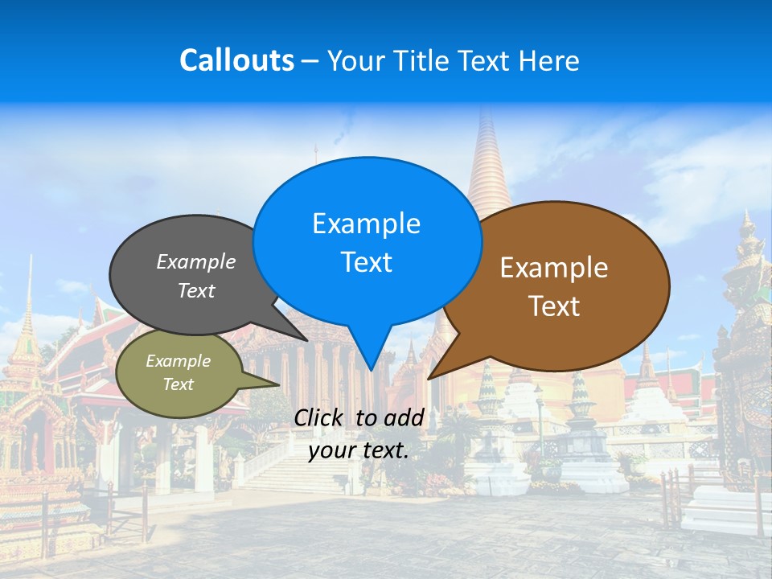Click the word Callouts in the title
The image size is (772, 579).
pyautogui.click(x=237, y=60)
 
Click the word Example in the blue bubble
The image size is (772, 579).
pyautogui.click(x=367, y=224)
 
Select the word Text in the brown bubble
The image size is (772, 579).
pyautogui.click(x=554, y=306)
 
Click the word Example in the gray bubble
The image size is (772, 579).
pyautogui.click(x=196, y=262)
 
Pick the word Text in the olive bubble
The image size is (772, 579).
pyautogui.click(x=179, y=384)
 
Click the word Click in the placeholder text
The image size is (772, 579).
pyautogui.click(x=320, y=417)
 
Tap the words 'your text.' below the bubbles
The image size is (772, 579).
pyautogui.click(x=359, y=450)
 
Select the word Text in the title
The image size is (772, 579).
pyautogui.click(x=483, y=61)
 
